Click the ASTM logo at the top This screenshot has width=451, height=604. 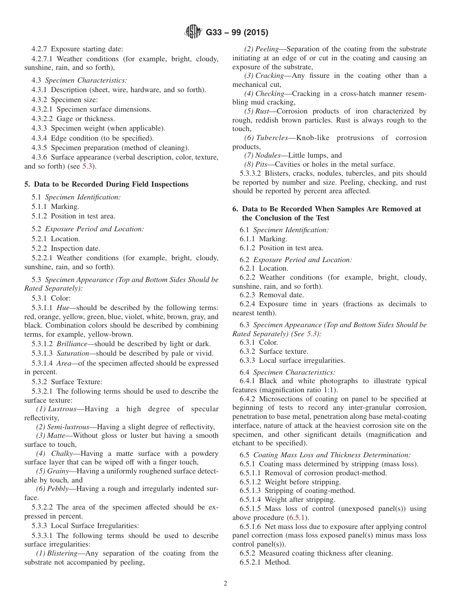pyautogui.click(x=193, y=32)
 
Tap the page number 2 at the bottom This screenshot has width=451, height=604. pyautogui.click(x=225, y=584)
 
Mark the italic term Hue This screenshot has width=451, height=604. pyautogui.click(x=63, y=308)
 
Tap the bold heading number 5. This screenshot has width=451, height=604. pyautogui.click(x=27, y=184)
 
